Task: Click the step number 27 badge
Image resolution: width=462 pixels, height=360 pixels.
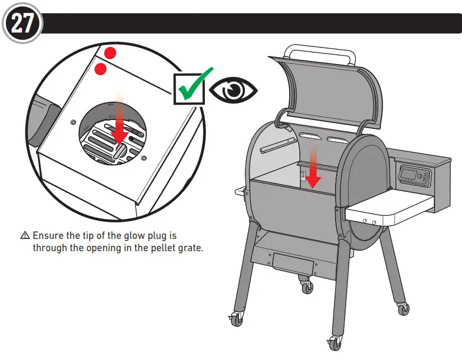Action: point(22,24)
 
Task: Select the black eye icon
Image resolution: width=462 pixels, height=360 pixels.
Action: point(233,91)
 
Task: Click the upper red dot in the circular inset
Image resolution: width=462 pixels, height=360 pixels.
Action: point(109,52)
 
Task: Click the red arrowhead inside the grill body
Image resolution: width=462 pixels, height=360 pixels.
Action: point(313,181)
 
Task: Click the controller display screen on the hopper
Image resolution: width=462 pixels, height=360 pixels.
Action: point(409,173)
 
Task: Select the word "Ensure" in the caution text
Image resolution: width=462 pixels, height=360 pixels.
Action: point(49,236)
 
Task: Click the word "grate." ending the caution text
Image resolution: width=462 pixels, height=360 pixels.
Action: point(190,248)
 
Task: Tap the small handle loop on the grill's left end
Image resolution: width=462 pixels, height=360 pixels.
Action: point(238,190)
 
